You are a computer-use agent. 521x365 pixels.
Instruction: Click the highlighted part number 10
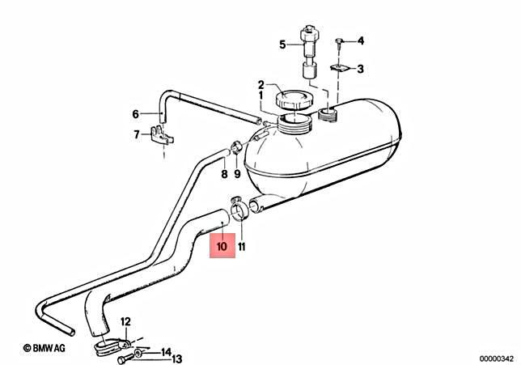point(222,244)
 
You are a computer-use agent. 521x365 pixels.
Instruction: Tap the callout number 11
point(242,244)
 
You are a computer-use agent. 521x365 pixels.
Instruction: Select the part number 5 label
point(282,45)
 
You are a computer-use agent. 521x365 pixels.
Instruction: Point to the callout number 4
point(361,40)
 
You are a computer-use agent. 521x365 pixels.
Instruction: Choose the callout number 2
point(261,84)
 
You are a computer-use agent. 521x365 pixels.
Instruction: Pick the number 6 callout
point(136,113)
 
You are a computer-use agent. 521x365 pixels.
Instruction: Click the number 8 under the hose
point(224,173)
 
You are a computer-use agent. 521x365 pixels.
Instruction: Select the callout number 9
point(237,173)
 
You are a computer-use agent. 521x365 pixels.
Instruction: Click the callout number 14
point(165,352)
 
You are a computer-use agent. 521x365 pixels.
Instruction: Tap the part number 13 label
point(177,359)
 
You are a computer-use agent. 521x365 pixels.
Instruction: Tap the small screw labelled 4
point(341,40)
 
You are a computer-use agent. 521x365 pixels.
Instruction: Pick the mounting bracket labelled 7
point(161,134)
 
